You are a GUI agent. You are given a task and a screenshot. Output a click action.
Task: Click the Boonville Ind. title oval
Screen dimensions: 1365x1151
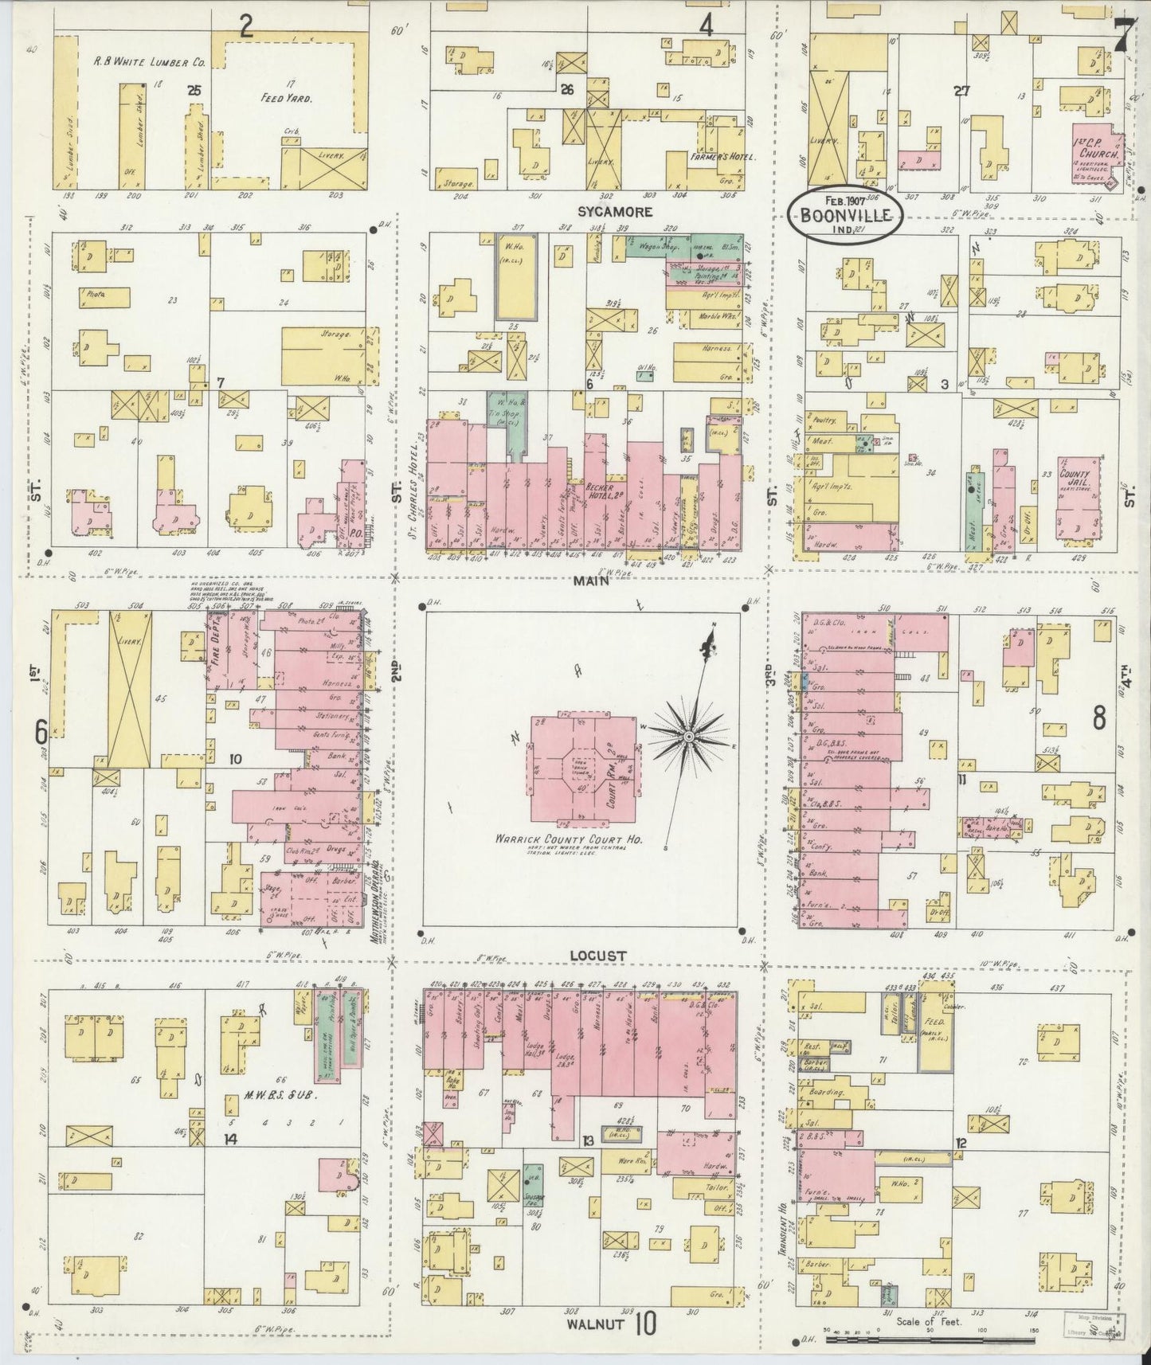[845, 213]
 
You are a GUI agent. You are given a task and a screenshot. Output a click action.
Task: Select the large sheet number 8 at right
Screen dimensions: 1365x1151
[1098, 718]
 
